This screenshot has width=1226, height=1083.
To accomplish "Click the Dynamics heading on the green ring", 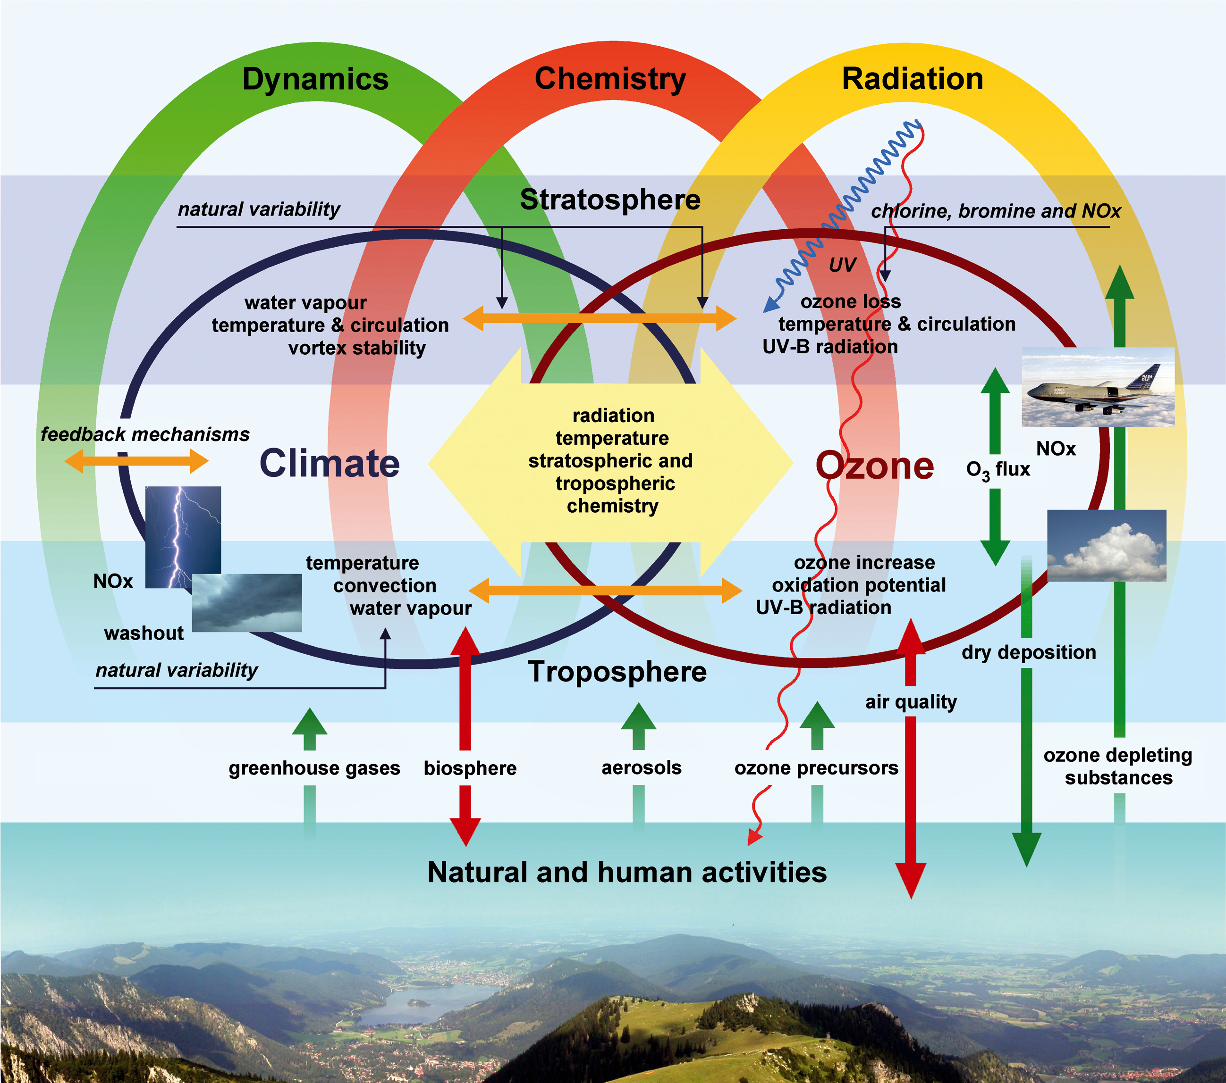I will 315,79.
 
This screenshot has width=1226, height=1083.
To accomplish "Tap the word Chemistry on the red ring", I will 610,79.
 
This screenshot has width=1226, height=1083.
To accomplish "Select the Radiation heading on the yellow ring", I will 913,79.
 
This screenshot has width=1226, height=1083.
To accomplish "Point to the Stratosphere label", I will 610,199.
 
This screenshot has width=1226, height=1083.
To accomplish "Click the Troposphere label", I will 617,672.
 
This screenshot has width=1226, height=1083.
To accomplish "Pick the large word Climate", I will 330,464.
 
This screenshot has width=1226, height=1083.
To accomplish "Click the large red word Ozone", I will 874,467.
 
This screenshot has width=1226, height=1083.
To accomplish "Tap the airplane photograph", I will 1098,387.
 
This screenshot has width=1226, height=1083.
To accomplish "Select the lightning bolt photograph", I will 183,537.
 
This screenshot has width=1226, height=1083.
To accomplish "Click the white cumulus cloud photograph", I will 1107,545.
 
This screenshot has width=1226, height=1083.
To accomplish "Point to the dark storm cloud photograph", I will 246,603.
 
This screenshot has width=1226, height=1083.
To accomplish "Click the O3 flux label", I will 998,470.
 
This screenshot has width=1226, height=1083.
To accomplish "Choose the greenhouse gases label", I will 314,768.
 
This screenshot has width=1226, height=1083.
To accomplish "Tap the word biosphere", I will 470,768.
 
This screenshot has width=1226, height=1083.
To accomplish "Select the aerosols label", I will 641,768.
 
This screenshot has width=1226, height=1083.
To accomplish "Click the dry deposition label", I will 1029,652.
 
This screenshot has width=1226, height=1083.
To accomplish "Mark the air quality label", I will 911,702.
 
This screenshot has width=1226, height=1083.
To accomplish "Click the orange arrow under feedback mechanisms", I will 136,461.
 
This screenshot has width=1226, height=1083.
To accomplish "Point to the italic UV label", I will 842,265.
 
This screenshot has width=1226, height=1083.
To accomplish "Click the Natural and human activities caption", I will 627,873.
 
